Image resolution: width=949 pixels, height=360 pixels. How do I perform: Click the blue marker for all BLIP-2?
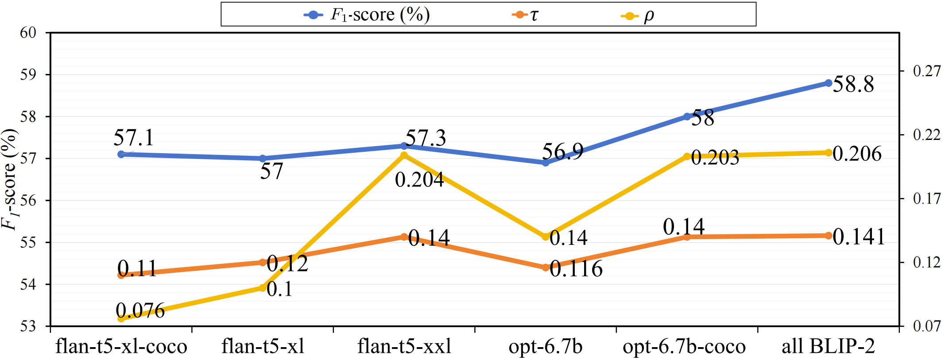828,83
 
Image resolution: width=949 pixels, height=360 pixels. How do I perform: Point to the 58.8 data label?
853,84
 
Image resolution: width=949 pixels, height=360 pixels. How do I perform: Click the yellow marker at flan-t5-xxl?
404,155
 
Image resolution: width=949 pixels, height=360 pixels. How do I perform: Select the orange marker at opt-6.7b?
546,267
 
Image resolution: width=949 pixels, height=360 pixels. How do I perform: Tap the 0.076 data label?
140,310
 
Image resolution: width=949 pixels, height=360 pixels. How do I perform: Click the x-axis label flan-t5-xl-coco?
121,346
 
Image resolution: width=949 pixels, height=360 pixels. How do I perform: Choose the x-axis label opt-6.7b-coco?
684,346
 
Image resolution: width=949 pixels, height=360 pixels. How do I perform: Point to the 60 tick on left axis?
28,32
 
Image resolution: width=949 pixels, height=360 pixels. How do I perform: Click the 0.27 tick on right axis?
926,71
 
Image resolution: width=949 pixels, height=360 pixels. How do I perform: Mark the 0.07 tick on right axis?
926,326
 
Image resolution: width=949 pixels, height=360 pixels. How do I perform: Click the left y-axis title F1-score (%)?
10,179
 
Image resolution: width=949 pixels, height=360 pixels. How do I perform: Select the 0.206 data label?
856,154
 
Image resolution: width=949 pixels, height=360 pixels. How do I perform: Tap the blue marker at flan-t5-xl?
262,158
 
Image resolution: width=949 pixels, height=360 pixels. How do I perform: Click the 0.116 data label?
576,269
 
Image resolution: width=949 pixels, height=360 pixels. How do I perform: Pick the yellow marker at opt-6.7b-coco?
687,156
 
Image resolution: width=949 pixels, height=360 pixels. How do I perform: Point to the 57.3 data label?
426,138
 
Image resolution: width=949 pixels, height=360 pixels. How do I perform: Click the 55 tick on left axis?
28,242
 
